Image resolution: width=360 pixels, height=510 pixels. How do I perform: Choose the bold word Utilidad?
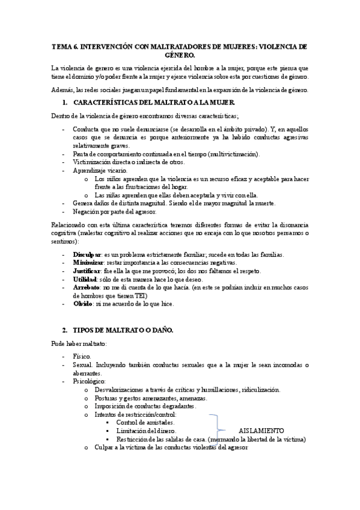pos(84,280)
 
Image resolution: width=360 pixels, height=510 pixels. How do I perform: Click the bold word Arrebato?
pos(87,287)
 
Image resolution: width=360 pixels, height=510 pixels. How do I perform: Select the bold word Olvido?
pos(82,304)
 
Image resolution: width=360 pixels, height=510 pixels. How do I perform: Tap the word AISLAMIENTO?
pos(261,431)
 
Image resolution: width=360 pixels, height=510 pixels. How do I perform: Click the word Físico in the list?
pos(82,357)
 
